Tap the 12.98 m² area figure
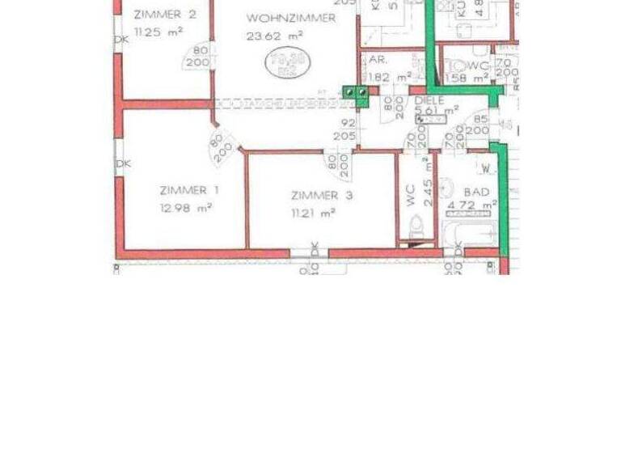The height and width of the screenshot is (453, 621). pos(186,207)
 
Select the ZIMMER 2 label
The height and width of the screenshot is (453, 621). pos(165,14)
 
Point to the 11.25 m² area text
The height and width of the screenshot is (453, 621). pos(159,32)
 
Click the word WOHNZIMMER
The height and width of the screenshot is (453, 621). pos(291,18)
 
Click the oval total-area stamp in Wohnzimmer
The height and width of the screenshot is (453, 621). pos(284,62)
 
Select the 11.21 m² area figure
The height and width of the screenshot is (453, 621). pos(313,214)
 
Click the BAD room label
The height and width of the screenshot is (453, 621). pos(477,193)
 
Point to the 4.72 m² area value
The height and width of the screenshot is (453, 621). pos(471,206)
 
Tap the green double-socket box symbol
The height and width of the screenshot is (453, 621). pos(355,93)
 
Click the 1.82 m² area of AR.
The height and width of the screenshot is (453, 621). pos(387,77)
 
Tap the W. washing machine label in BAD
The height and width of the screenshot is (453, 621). pos(487,168)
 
